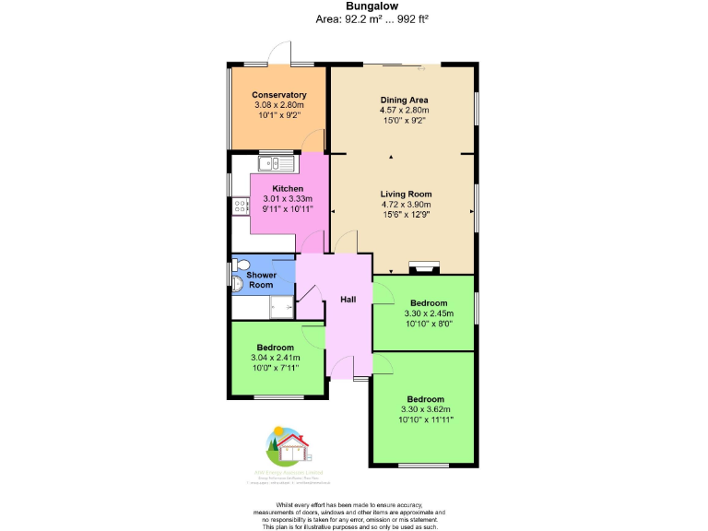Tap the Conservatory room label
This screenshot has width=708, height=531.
(278, 95)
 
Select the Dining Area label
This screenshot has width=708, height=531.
(404, 100)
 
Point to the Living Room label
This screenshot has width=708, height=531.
(406, 194)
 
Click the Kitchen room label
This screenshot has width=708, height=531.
(287, 188)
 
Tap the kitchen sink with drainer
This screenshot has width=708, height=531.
(276, 165)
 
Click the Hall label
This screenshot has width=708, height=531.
(348, 300)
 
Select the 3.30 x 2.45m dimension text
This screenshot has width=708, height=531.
(429, 313)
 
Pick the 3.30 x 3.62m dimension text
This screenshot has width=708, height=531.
(426, 409)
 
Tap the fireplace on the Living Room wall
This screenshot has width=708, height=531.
(425, 269)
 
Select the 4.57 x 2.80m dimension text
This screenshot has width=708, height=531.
(404, 110)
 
